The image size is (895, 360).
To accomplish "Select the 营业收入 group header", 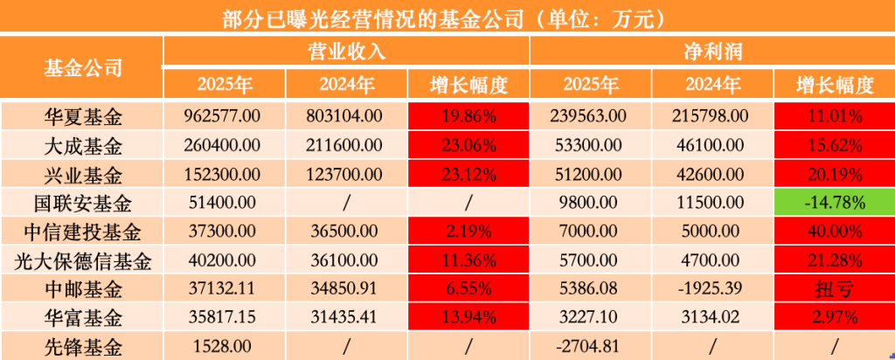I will tap(347, 52).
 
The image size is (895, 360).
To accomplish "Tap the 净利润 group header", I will tap(712, 52).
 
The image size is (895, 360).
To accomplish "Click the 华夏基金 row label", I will tap(82, 115).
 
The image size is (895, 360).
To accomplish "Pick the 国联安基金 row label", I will tap(82, 204).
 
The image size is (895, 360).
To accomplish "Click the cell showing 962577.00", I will tap(222, 115).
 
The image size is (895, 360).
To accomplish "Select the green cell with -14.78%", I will tap(835, 204).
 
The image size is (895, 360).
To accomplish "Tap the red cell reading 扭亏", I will tap(835, 289).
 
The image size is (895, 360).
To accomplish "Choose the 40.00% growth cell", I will tap(835, 232).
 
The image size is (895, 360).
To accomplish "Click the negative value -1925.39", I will tap(712, 289).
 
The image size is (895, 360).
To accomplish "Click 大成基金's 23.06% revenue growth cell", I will tap(468, 144).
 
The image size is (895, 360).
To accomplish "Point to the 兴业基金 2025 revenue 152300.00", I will tap(222, 174).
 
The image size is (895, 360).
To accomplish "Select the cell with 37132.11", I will tap(222, 289).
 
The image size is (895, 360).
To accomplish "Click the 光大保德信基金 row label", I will tap(82, 260).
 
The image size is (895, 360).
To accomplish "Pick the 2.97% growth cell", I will tap(835, 317).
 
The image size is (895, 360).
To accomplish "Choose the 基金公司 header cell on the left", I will tap(82, 68).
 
